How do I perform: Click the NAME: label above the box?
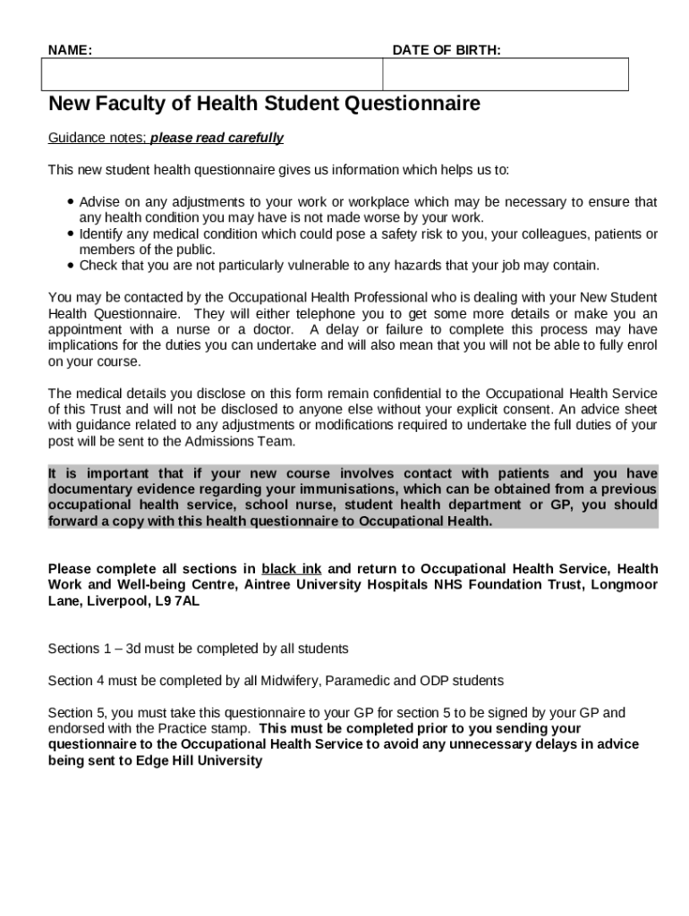click(x=70, y=50)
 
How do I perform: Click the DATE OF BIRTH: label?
click(x=447, y=50)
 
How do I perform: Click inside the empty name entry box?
click(x=212, y=74)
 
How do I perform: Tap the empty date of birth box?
click(x=506, y=74)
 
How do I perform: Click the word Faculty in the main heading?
click(x=127, y=104)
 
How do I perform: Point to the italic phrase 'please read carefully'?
click(x=217, y=138)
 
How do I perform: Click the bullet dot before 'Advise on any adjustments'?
click(x=70, y=202)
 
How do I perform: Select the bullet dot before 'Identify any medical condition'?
click(x=70, y=234)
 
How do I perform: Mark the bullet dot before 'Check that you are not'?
click(x=70, y=266)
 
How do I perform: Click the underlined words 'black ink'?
click(x=291, y=569)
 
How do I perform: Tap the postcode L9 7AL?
click(x=177, y=601)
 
